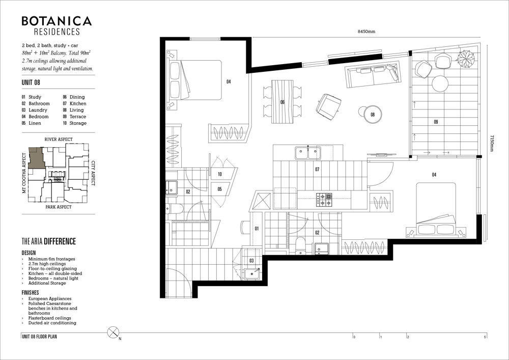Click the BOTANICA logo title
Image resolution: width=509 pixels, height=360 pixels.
56,21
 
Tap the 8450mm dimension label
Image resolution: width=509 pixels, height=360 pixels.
366,32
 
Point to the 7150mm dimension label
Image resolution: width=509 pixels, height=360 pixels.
492,144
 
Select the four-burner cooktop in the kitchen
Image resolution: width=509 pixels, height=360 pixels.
324,200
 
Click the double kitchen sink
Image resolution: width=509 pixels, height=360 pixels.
308,153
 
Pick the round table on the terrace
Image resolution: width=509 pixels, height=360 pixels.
440,84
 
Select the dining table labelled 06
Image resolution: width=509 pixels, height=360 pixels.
282,102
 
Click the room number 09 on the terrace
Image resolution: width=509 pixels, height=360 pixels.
436,122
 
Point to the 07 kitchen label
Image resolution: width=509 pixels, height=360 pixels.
317,169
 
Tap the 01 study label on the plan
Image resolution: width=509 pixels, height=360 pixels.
257,229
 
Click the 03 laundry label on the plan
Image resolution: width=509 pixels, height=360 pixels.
251,260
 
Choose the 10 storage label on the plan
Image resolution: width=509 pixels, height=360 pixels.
220,174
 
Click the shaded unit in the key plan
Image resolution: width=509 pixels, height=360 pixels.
36,158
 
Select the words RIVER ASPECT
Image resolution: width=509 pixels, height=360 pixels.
59,139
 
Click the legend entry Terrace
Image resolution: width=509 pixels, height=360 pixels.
78,117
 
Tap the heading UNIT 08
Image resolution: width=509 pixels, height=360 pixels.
31,82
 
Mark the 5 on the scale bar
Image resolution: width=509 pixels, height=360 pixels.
485,337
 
